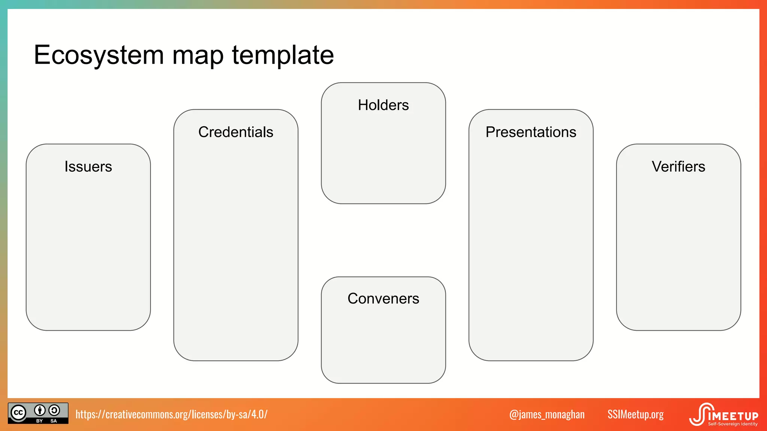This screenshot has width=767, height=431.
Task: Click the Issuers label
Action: (88, 166)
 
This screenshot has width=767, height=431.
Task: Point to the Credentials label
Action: (236, 132)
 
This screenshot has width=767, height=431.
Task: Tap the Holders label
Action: (383, 105)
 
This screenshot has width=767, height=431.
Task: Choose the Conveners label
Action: (383, 299)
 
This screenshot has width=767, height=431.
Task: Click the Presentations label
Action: (531, 132)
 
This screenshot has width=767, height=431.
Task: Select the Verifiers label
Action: (678, 166)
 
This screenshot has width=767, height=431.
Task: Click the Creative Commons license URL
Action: (172, 414)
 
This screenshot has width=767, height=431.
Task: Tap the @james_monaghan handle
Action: (547, 414)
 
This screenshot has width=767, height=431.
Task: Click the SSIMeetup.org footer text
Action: (636, 414)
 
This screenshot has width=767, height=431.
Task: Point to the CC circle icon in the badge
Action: (18, 413)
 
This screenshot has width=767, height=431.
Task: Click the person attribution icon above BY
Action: (40, 410)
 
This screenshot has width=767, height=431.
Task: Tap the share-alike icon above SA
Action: (54, 410)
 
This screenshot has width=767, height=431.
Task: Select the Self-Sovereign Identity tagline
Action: (733, 424)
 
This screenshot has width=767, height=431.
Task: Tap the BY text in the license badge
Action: (39, 421)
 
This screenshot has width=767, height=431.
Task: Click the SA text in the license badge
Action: (54, 421)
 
